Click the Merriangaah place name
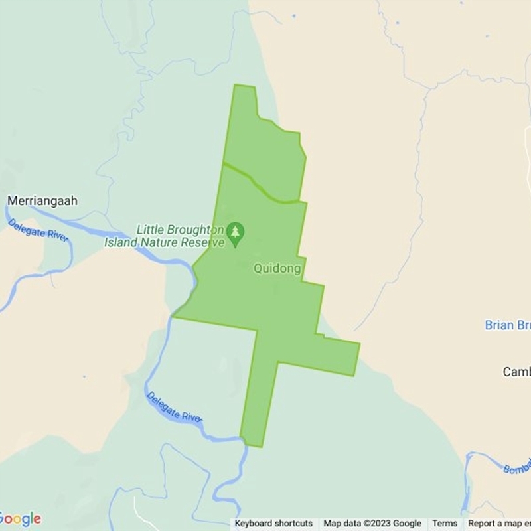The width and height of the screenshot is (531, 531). pos(42,200)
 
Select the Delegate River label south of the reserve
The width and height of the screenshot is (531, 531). pos(174,407)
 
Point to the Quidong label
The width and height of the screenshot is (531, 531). pos(277,269)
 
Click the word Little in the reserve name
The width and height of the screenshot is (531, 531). pos(149,230)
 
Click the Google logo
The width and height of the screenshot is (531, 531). pos(20,518)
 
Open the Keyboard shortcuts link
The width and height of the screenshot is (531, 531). pos(273,524)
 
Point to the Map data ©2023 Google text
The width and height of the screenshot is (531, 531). pos(372,524)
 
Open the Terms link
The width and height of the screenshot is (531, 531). pos(445,524)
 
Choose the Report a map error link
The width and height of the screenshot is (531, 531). pos(499,524)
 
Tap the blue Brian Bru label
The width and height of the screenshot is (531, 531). pos(508,325)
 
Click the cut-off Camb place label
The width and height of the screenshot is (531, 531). pos(516,372)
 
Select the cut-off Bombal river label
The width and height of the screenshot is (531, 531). pos(517,467)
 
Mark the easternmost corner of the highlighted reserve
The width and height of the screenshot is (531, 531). pos(359,344)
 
